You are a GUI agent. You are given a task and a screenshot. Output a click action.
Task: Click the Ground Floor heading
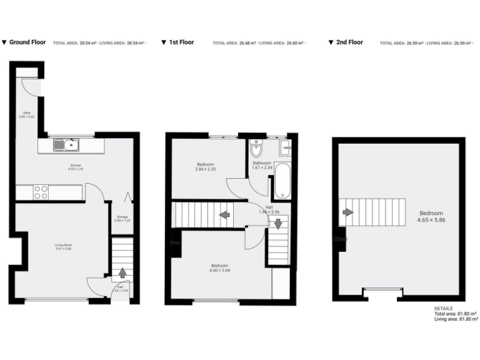pyautogui.click(x=27, y=42)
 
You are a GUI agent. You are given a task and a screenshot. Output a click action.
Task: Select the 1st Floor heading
pyautogui.click(x=181, y=42)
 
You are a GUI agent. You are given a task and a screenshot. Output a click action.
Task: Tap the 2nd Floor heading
pyautogui.click(x=348, y=42)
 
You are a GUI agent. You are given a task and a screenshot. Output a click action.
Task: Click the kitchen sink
pyautogui.click(x=66, y=146)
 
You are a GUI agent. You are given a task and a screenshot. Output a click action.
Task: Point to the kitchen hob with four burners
pyautogui.click(x=41, y=192)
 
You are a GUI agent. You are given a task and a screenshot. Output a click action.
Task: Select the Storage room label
pyautogui.click(x=122, y=218)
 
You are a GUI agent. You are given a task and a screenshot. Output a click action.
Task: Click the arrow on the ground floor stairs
pyautogui.click(x=122, y=272)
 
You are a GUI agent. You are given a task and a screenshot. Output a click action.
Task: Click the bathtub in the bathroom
pyautogui.click(x=282, y=181)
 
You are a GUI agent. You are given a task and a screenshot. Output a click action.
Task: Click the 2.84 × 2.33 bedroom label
pyautogui.click(x=206, y=167)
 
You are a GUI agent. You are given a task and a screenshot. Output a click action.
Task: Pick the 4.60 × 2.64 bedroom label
pyautogui.click(x=220, y=268)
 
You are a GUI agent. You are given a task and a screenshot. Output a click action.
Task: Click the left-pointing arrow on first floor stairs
pyautogui.click(x=223, y=216)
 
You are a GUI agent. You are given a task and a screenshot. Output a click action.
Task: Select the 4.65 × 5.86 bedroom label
pyautogui.click(x=431, y=216)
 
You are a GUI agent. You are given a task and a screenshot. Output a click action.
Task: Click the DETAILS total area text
pyautogui.click(x=456, y=314)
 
